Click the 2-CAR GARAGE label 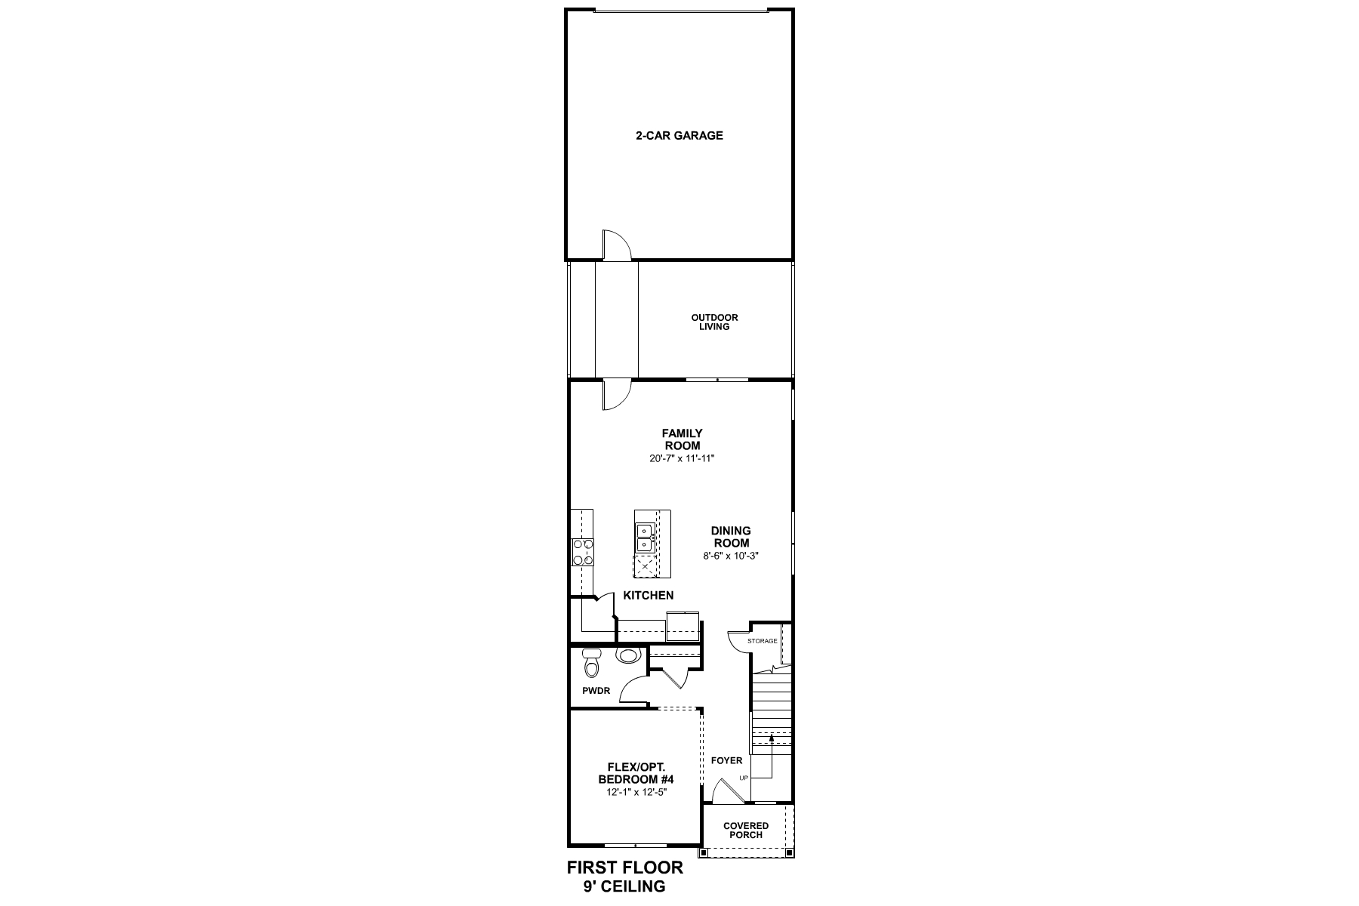coord(679,136)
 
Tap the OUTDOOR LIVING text coord(714,322)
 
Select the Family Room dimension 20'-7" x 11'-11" coord(682,458)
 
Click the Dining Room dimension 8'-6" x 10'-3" coord(730,556)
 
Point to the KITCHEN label coord(648,596)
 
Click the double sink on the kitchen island coord(644,537)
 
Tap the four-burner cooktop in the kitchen coord(583,552)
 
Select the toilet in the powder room coord(592,665)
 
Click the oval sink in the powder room coord(628,655)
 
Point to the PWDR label coord(596,691)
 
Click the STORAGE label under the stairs coord(762,641)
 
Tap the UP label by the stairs coord(744,778)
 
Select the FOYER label coord(726,760)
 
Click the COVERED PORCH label coord(746,830)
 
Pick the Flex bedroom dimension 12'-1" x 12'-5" coord(636,792)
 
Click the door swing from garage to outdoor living coord(615,245)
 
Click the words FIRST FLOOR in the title coord(624,867)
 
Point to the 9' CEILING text coord(624,887)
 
